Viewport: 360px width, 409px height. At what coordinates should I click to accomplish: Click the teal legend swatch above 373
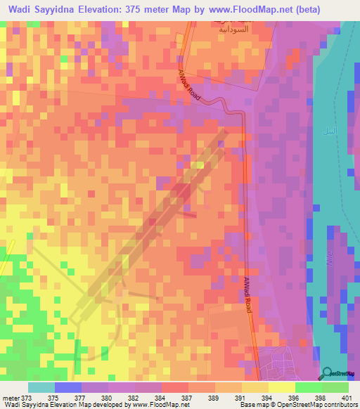[41, 387]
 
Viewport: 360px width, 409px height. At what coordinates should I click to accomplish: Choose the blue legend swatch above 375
[67, 387]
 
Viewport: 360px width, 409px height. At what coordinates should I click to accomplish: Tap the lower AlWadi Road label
[248, 293]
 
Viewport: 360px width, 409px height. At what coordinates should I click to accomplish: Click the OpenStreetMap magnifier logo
[326, 372]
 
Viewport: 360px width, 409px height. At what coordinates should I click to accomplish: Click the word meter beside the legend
[9, 397]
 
